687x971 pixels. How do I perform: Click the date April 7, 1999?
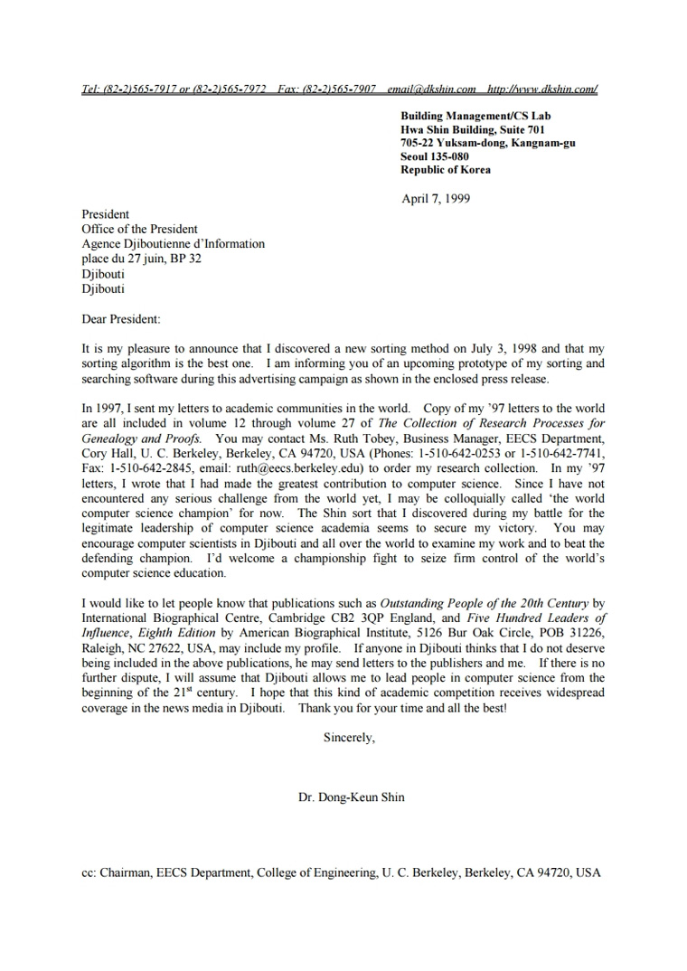tap(436, 199)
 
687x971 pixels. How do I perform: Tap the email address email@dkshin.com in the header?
tap(431, 89)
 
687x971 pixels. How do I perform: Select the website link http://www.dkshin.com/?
tap(542, 89)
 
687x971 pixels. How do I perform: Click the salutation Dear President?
tap(120, 319)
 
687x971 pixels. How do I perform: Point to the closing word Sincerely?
tap(349, 738)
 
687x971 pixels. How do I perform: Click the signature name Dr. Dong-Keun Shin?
tap(352, 797)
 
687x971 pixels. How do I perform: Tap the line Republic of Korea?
tap(446, 170)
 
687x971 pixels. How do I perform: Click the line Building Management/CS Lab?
tap(475, 116)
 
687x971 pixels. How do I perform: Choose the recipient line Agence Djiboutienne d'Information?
tap(174, 244)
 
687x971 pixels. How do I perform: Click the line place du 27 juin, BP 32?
tap(142, 259)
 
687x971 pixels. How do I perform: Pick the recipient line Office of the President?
tap(139, 230)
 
